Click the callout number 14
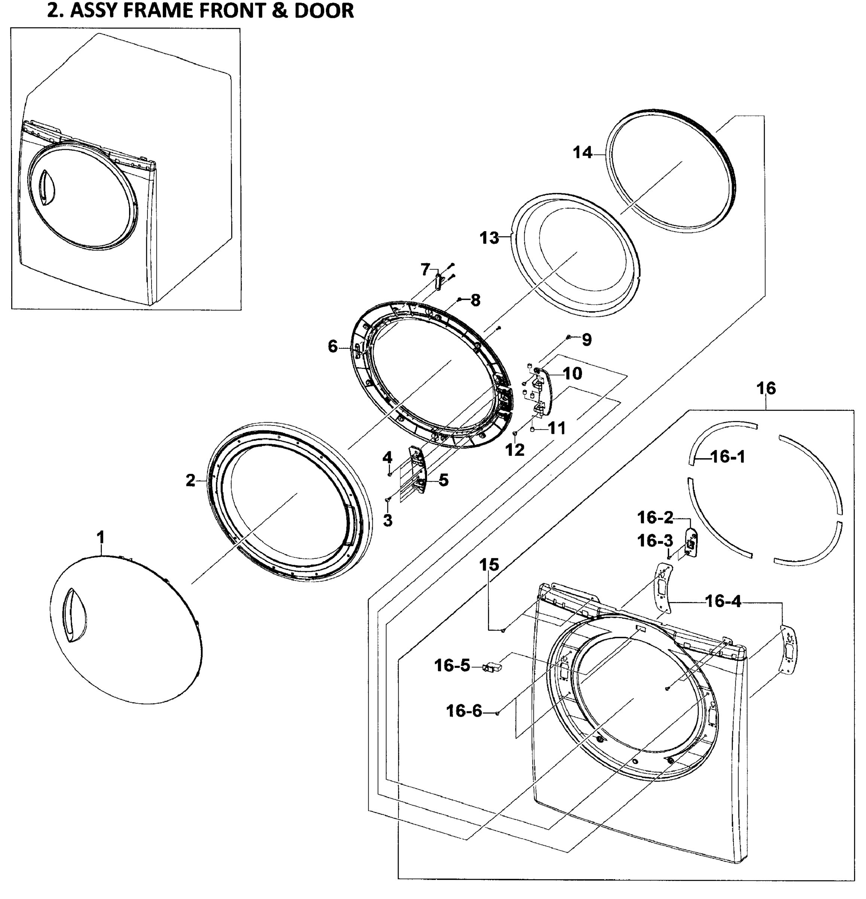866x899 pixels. click(582, 152)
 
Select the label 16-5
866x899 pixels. click(452, 665)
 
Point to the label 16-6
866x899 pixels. click(464, 711)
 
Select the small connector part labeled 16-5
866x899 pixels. click(491, 667)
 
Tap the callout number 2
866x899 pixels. click(190, 480)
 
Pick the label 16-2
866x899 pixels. click(655, 517)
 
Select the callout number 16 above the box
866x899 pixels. click(766, 388)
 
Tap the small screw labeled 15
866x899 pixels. click(503, 631)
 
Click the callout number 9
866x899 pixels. click(586, 339)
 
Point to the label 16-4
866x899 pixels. click(723, 601)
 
